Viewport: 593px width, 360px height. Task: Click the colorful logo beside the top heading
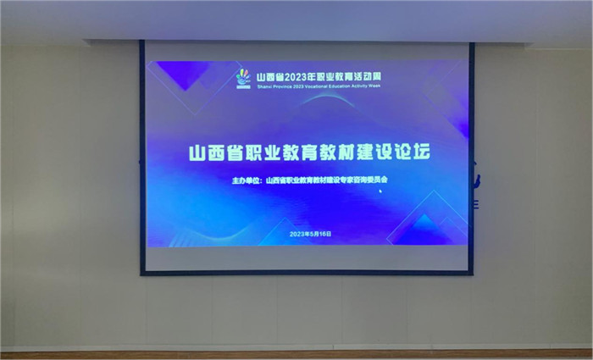[x=243, y=77]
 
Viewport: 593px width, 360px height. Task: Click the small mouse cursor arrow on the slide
[x=380, y=191]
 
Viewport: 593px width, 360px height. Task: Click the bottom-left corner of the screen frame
[x=142, y=272]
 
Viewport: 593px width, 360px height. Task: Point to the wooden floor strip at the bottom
[x=296, y=355]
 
